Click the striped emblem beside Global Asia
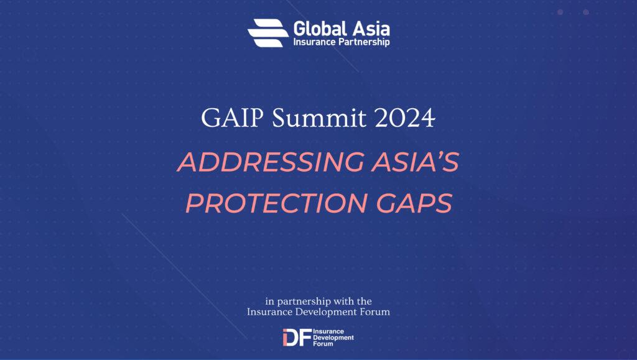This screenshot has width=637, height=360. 267,33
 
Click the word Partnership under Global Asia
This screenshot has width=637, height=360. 365,42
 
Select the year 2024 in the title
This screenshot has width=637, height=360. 404,118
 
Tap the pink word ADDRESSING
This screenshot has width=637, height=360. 271,162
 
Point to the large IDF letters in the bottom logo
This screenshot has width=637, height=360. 297,337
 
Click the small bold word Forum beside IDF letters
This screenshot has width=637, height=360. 323,344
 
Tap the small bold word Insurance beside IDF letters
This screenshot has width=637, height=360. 328,331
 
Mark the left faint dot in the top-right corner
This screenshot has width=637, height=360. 560,12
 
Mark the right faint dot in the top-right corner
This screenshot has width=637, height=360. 586,12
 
